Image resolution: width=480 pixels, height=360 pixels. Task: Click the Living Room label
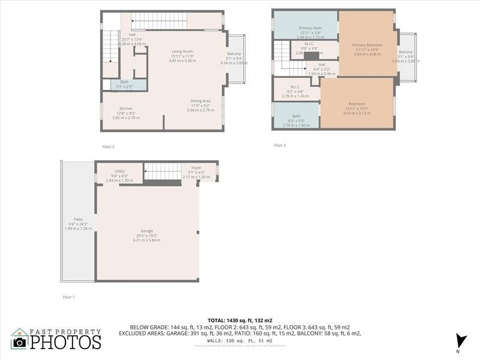182,52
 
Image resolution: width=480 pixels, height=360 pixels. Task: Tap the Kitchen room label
126,109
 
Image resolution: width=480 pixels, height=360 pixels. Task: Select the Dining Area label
200,101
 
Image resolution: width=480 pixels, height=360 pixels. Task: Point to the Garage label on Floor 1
146,231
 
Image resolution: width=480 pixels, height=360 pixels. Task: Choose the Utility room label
119,172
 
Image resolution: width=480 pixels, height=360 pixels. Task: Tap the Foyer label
196,167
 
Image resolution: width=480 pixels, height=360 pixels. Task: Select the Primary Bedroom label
367,45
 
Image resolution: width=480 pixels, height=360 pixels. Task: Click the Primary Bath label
310,28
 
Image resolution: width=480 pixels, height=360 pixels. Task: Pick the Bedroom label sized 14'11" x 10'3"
356,104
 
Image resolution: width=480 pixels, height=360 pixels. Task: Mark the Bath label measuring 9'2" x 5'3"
296,116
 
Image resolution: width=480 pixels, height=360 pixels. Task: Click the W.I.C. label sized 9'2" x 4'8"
295,87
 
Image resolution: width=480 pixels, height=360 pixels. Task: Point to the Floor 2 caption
108,146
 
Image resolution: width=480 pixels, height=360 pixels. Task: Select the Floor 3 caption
280,145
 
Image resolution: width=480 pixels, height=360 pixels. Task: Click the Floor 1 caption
69,297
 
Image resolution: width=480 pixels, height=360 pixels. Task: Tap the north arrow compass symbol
460,340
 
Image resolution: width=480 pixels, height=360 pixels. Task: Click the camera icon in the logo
20,341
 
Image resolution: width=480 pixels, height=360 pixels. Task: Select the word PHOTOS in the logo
65,342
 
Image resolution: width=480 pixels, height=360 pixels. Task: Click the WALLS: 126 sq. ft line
240,340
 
